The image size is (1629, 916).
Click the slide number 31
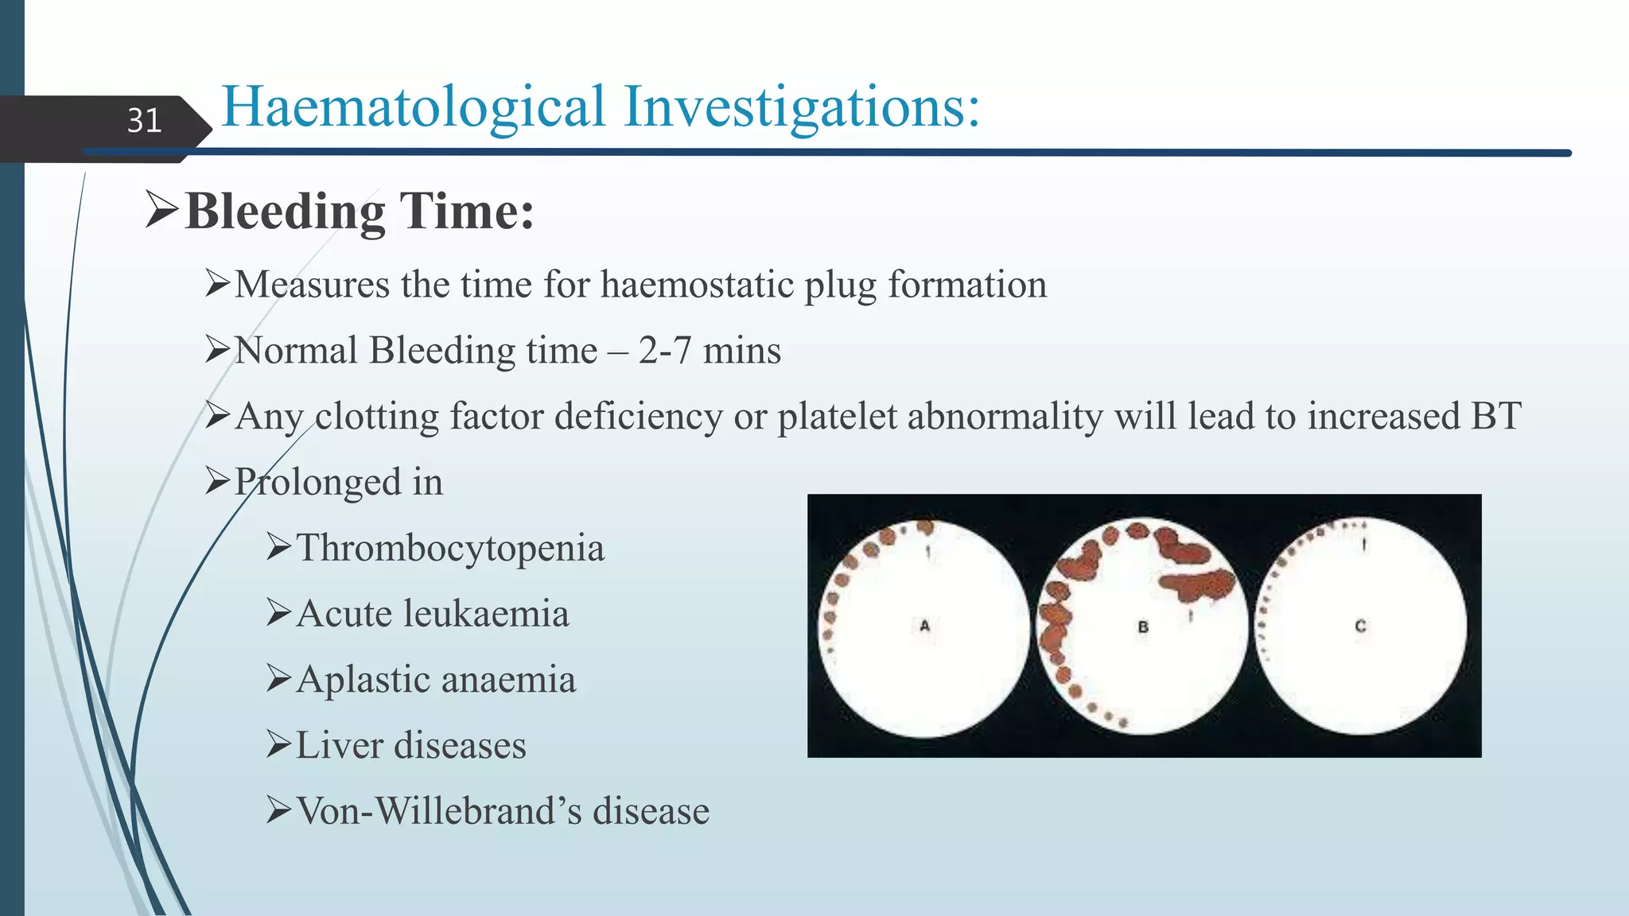pyautogui.click(x=144, y=121)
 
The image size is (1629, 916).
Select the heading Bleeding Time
pyautogui.click(x=359, y=212)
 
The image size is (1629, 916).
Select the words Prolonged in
pyautogui.click(x=338, y=482)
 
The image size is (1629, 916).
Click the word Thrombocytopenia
pyautogui.click(x=450, y=548)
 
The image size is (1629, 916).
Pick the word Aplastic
pyautogui.click(x=362, y=680)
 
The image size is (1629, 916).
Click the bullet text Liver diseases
pyautogui.click(x=410, y=746)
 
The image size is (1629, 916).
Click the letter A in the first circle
pyautogui.click(x=924, y=626)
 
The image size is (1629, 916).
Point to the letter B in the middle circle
pyautogui.click(x=1143, y=627)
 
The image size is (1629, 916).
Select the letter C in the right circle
pyautogui.click(x=1360, y=626)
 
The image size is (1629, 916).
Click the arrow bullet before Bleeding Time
pyautogui.click(x=161, y=211)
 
